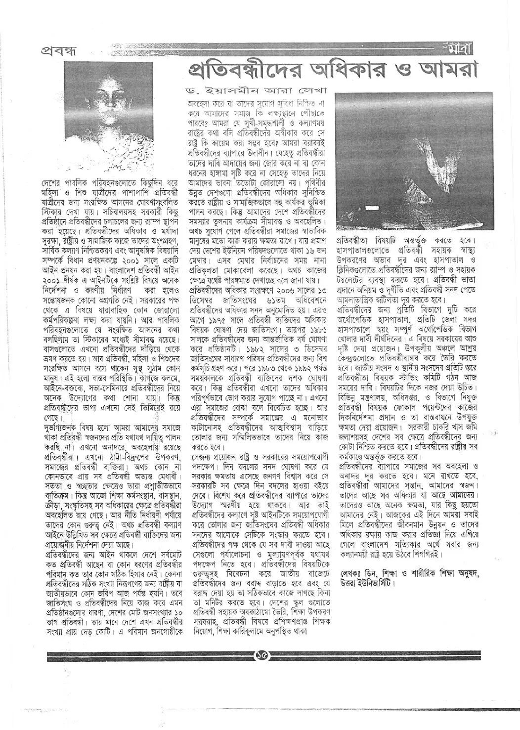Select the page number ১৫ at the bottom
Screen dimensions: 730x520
point(260,655)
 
